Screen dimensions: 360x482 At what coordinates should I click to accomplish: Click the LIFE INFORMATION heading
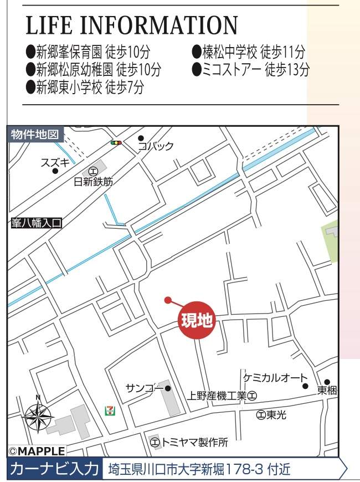132,26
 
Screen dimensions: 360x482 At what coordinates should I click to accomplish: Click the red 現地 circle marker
197,321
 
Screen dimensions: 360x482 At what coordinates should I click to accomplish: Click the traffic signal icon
116,142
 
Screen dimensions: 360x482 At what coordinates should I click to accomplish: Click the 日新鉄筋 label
93,181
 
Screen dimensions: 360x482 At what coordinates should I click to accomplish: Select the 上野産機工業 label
216,396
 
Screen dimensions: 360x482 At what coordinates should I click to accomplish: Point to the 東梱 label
327,390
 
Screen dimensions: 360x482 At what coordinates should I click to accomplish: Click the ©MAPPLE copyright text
37,452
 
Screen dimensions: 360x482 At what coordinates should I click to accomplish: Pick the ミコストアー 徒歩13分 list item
250,70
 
